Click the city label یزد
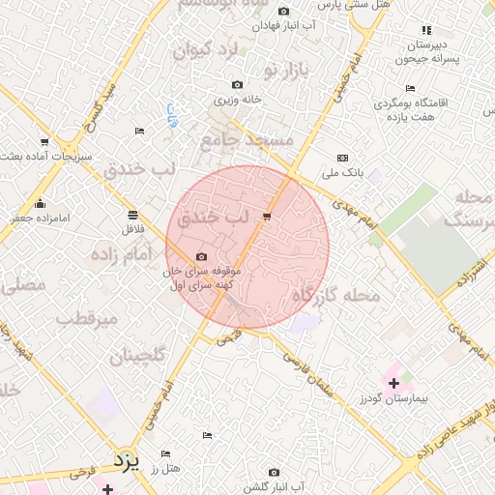127,458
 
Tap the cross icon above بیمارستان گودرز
393,384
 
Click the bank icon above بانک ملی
342,158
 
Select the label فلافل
131,230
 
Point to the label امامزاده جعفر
40,218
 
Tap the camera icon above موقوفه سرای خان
201,256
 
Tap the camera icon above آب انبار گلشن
274,472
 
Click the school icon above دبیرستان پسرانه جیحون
424,31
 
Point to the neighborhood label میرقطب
87,318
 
